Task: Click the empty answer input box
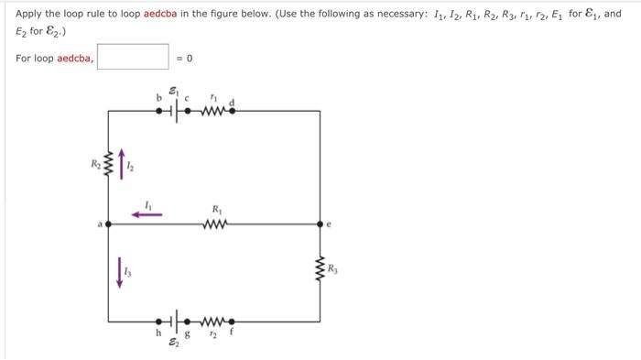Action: click(x=133, y=59)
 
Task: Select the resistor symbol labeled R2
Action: click(x=108, y=167)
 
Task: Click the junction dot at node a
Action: click(x=108, y=223)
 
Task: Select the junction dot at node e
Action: click(x=320, y=223)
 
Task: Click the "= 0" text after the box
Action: click(x=185, y=59)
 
